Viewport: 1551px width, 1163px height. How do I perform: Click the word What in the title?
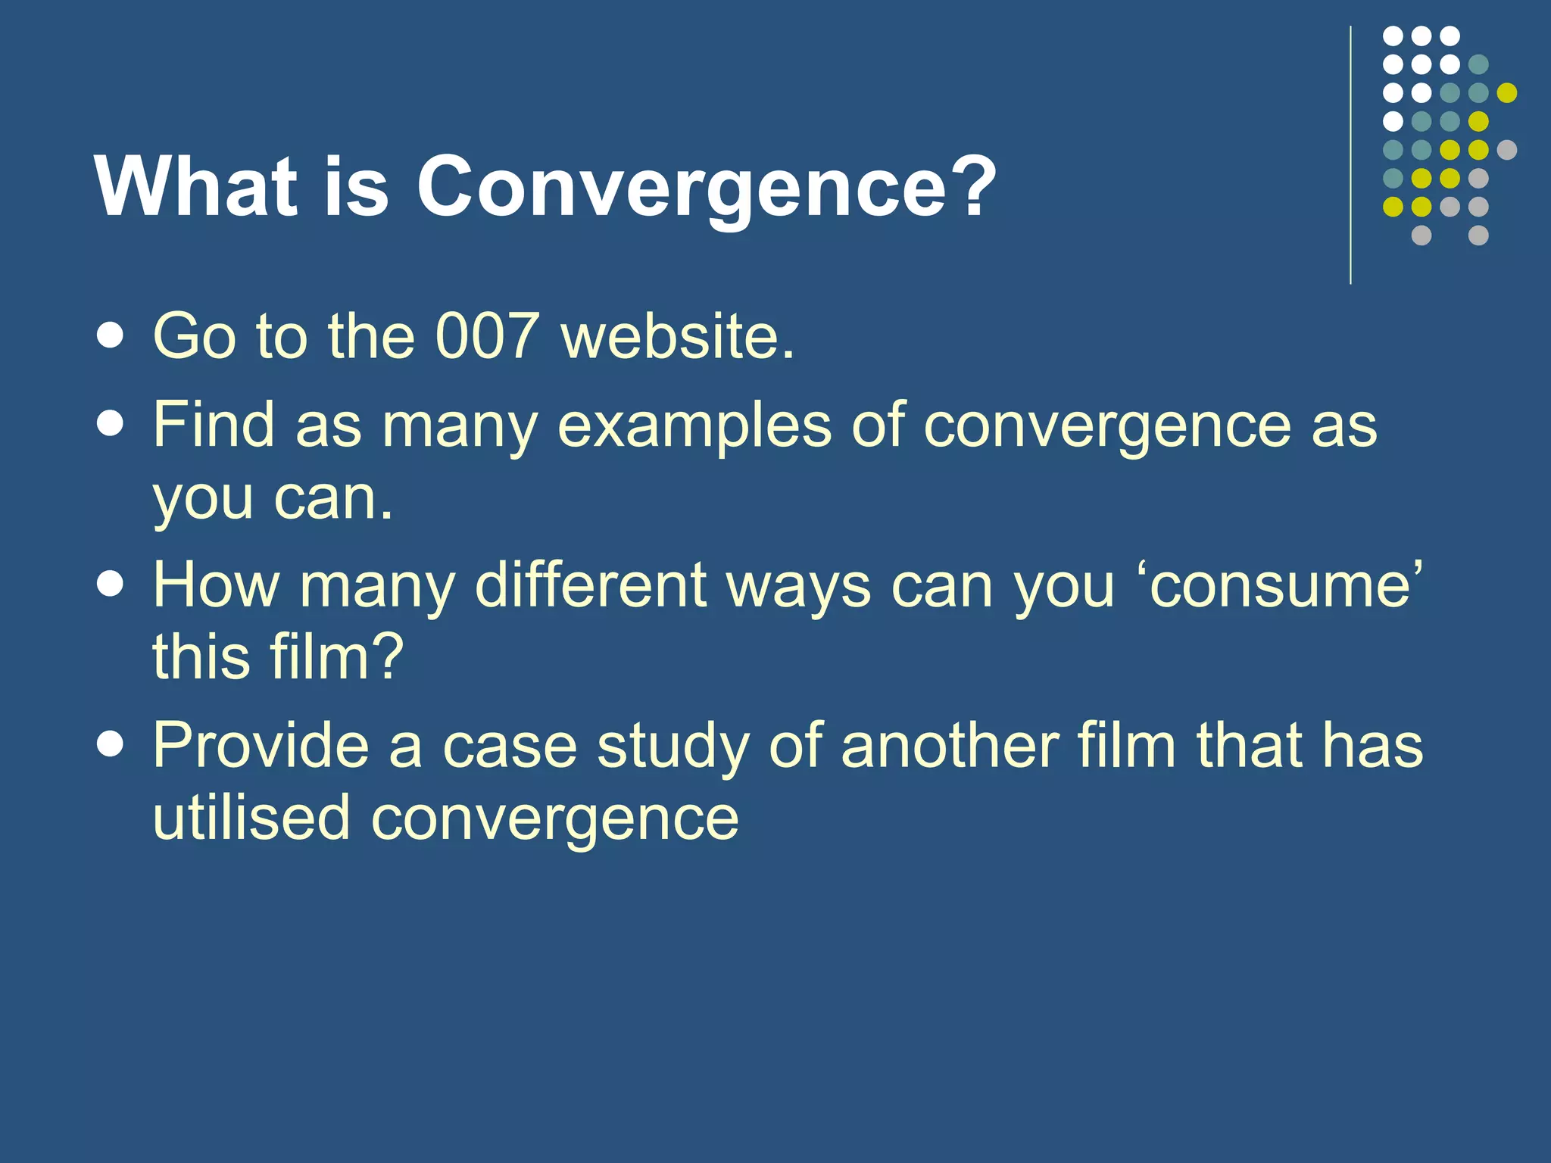(195, 188)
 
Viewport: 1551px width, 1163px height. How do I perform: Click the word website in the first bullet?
(678, 335)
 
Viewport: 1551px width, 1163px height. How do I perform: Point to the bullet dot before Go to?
(111, 335)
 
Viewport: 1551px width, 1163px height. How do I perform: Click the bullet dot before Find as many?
(111, 424)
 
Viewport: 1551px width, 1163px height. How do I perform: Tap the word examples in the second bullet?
(694, 426)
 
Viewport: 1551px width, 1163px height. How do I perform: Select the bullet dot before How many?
(111, 585)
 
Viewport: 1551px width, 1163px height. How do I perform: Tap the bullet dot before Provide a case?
(111, 745)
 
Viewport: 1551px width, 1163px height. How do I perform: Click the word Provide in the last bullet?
(261, 745)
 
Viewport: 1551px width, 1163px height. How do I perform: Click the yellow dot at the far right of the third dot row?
(1507, 92)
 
